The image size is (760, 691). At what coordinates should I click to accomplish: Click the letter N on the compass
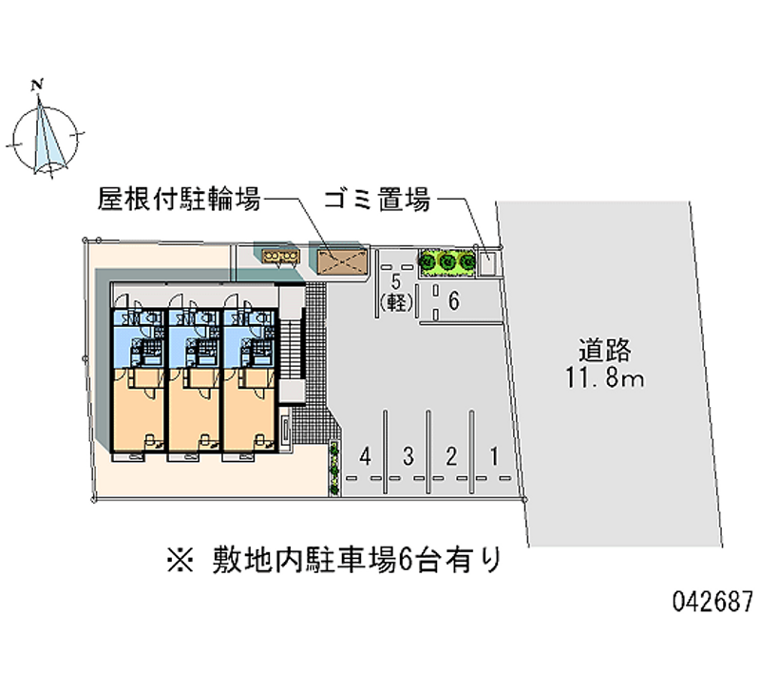(x=38, y=86)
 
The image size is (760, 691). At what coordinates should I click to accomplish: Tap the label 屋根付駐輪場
(x=179, y=201)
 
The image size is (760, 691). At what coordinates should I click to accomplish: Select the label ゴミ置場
(x=376, y=201)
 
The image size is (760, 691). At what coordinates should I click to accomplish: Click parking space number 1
(x=494, y=456)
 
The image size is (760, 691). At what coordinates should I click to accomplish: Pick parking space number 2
(x=451, y=456)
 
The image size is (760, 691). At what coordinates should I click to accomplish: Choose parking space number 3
(x=408, y=456)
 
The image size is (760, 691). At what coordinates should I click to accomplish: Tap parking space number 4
(x=366, y=456)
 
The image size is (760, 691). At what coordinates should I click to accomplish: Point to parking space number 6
(x=454, y=302)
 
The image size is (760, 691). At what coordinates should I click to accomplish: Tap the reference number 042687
(x=712, y=602)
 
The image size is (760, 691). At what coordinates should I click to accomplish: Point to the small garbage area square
(x=489, y=259)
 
